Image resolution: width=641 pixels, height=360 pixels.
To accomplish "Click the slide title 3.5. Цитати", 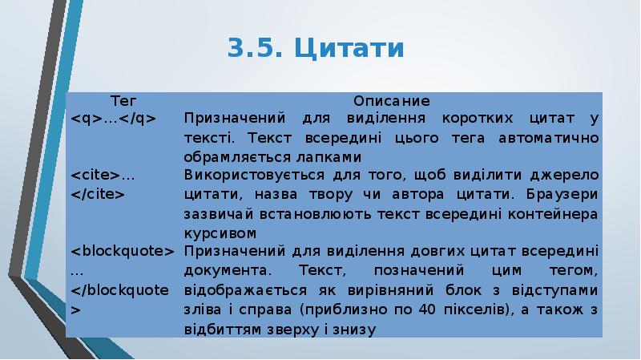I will tap(316, 48).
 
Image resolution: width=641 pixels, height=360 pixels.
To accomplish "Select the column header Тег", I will tap(123, 102).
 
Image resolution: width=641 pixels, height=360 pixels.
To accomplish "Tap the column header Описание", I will tap(392, 102).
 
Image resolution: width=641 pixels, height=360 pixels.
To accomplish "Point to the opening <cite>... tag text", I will tap(103, 176).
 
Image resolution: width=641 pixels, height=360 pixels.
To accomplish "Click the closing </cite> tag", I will tap(97, 193).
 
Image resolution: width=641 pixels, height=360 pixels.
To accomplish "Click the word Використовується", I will tap(240, 176).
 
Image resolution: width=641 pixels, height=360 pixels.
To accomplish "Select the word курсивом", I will tap(220, 233).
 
